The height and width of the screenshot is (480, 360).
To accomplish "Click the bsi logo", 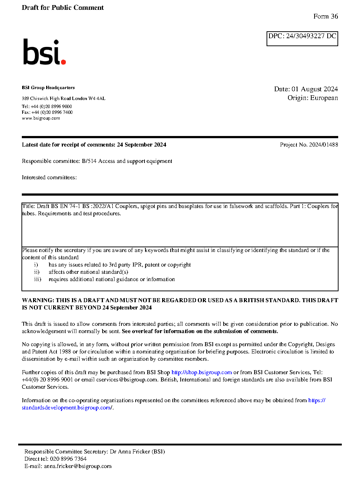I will pos(44,52).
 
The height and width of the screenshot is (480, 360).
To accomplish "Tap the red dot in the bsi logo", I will pos(63,62).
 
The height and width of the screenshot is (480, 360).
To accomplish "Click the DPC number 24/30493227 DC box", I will pos(302,38).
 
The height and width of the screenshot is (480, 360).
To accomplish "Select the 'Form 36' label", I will pos(325,16).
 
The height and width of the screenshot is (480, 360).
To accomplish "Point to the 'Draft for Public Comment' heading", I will pos(63,8).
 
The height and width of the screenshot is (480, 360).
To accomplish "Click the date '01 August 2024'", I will pos(315,89).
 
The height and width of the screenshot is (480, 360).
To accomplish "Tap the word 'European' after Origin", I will pos(324,98).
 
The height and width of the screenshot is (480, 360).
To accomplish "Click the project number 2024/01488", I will pos(323,145).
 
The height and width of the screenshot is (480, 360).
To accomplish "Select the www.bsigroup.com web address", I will pos(41,118).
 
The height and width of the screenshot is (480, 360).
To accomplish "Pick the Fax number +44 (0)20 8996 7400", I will pos(52,112).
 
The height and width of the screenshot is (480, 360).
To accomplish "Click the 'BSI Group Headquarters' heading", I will pos(48,88).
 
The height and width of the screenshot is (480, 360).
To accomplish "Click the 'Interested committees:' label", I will pos(49,177).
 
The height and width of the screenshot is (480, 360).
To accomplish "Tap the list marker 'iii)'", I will pos(37,279).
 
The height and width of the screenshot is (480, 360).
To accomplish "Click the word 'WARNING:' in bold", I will pos(38,300).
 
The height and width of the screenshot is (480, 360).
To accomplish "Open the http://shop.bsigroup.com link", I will pos(201,372).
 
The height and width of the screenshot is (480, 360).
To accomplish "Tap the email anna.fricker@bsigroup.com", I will pos(78,466).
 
